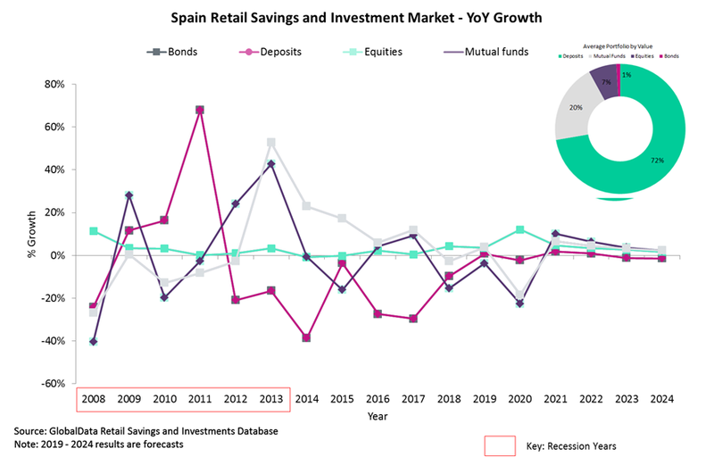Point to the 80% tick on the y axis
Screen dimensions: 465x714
pos(54,84)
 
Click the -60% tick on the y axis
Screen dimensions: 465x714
pos(52,384)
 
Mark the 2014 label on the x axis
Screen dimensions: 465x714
pos(308,398)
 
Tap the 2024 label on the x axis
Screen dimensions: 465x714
pos(661,398)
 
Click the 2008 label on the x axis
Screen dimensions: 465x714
pos(95,398)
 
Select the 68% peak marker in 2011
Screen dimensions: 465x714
pos(200,110)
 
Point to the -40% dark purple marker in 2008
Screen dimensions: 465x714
pos(95,342)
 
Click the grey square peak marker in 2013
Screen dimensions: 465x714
pos(271,142)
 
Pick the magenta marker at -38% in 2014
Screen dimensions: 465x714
pos(307,338)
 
